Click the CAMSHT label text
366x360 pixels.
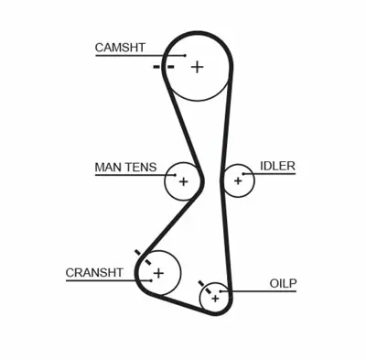119,47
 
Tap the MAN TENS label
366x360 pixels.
125,168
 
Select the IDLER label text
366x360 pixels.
277,166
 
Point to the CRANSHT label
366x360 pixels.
94,273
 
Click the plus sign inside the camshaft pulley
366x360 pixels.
197,66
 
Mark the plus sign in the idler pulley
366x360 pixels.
238,180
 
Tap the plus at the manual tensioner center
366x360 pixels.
182,181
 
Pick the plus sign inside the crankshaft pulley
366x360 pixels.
158,272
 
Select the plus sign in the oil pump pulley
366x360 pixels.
215,297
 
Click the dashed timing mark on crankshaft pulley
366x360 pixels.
139,256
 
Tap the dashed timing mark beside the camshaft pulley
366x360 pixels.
163,67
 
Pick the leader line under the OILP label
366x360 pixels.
274,292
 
